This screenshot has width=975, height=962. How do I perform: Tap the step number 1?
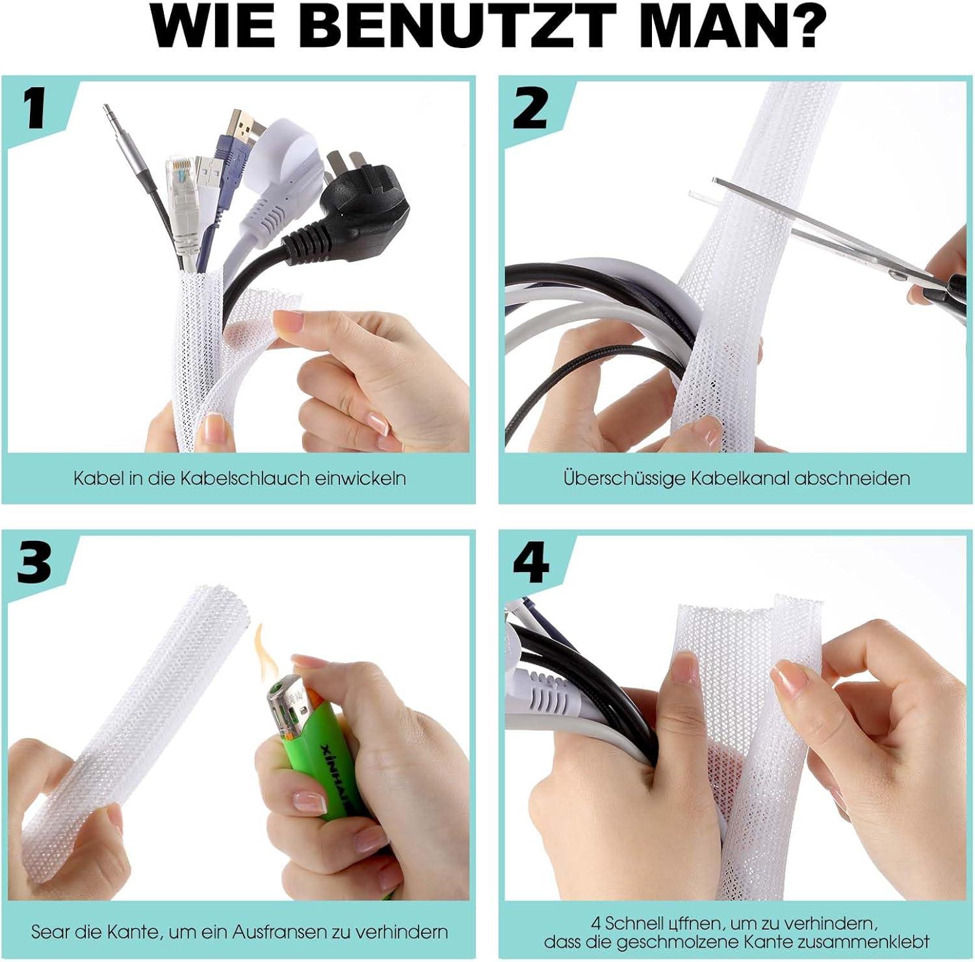pyautogui.click(x=35, y=109)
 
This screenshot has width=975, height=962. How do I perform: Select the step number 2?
pyautogui.click(x=530, y=109)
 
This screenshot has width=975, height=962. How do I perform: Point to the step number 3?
pyautogui.click(x=34, y=562)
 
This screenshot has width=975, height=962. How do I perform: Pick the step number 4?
pyautogui.click(x=531, y=562)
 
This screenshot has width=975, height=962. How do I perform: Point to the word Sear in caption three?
pyautogui.click(x=51, y=932)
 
